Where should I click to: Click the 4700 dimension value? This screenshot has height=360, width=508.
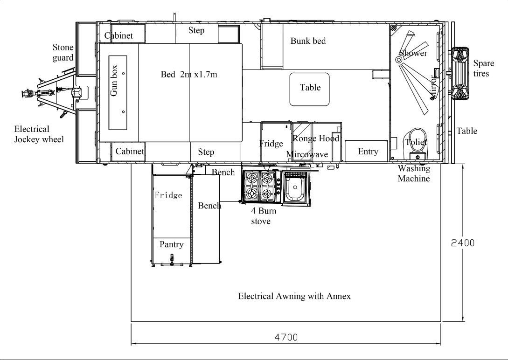286,337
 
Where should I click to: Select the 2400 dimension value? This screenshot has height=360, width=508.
463,243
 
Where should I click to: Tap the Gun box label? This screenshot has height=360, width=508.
114,81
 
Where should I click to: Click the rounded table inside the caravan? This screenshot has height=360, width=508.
309,90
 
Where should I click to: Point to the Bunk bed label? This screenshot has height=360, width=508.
308,41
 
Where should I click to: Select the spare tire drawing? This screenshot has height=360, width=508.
460,73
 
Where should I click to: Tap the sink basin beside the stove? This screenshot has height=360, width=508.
295,187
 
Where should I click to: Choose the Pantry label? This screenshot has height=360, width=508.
171,244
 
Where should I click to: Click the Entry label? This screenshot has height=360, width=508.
368,152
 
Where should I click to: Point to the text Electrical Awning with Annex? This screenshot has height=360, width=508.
294,296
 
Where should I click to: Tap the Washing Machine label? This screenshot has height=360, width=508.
414,173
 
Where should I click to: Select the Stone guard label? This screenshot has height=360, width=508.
63,52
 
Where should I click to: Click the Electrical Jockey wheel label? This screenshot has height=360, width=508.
39,134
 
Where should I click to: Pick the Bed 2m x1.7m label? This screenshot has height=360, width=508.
189,75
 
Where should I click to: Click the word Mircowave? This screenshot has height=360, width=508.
307,154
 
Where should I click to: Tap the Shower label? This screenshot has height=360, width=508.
413,53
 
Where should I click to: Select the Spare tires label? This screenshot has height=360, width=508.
483,68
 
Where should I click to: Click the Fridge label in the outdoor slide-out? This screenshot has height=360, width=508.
168,195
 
